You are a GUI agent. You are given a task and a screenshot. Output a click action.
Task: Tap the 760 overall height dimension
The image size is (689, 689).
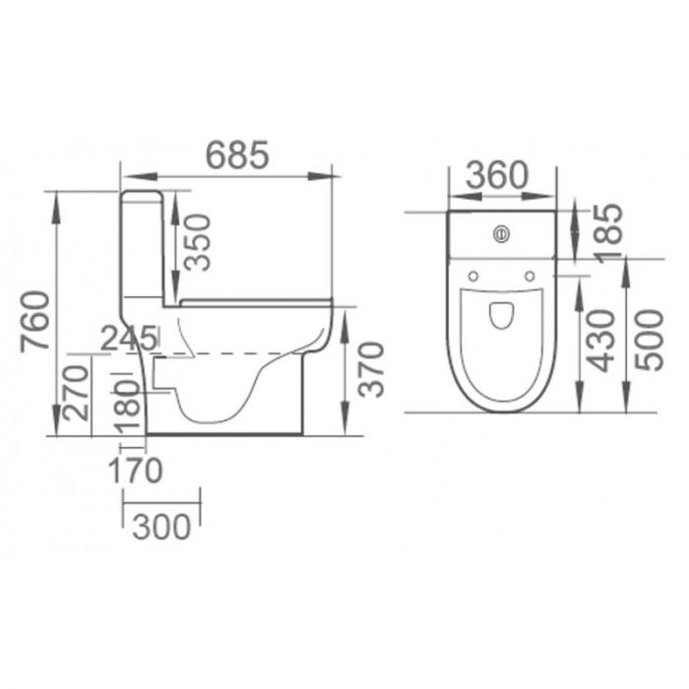point(35,320)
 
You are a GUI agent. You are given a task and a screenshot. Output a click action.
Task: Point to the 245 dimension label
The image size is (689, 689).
point(129,338)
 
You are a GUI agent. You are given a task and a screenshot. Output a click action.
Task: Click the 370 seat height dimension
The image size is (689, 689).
point(369,366)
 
